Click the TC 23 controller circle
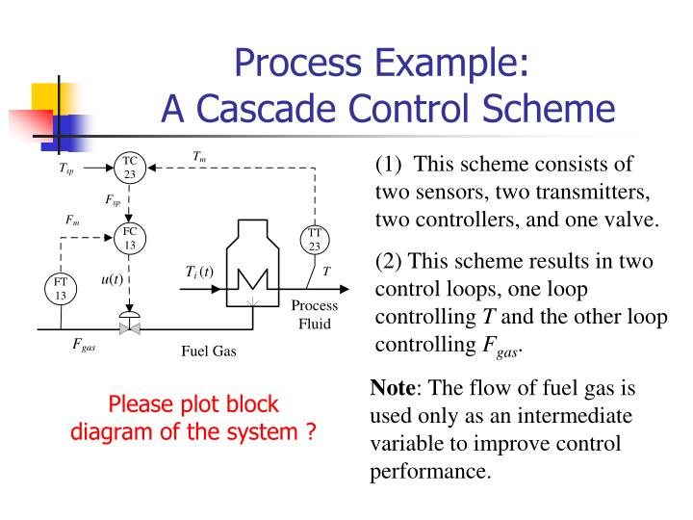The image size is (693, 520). pyautogui.click(x=129, y=168)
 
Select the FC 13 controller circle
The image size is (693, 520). pyautogui.click(x=129, y=237)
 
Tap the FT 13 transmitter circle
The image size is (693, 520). pyautogui.click(x=60, y=289)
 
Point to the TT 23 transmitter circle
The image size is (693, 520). pyautogui.click(x=315, y=239)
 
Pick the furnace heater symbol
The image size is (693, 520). pyautogui.click(x=253, y=265)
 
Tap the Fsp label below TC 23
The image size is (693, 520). pyautogui.click(x=113, y=200)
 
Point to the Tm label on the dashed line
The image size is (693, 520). pyautogui.click(x=199, y=156)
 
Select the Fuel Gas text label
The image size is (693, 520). pyautogui.click(x=208, y=351)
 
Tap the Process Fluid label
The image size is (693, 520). pyautogui.click(x=314, y=314)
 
